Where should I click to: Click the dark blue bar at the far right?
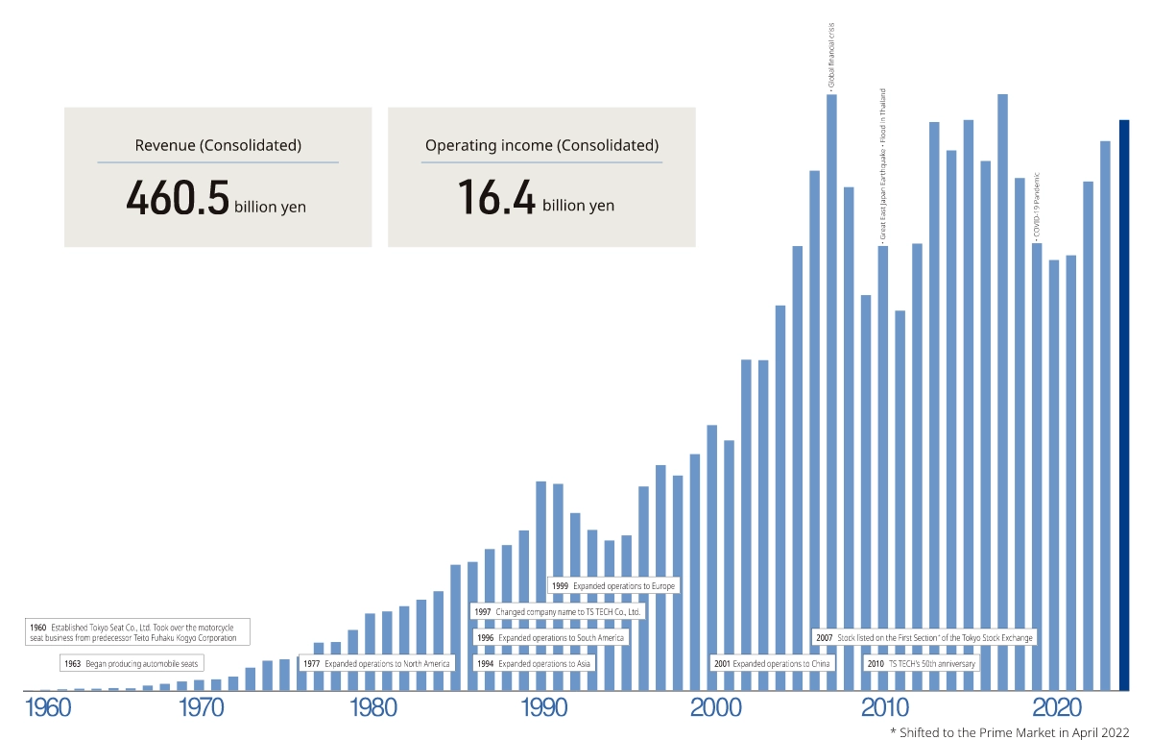(x=1124, y=404)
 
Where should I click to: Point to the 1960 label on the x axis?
(x=44, y=709)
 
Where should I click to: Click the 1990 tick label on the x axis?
(x=546, y=709)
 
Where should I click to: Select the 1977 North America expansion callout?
(x=375, y=664)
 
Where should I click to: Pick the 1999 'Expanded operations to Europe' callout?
(x=613, y=585)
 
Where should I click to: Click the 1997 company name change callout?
(x=558, y=611)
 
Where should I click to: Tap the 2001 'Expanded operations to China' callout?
(x=773, y=664)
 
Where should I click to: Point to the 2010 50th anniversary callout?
(x=921, y=664)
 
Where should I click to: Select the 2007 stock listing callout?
(x=924, y=637)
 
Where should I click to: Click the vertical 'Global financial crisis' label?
(x=831, y=56)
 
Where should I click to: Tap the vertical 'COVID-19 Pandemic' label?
(x=1037, y=203)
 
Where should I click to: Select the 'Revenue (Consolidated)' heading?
(x=218, y=146)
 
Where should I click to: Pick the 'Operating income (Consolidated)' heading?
(x=541, y=146)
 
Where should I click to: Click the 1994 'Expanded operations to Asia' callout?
(x=534, y=664)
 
